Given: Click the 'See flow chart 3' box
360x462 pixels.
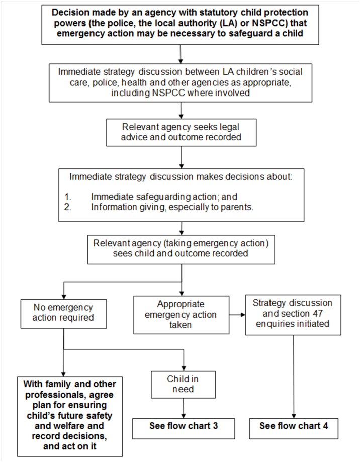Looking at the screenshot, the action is click(184, 428).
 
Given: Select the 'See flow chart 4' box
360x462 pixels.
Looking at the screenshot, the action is click(294, 428).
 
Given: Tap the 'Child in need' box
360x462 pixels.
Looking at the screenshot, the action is click(183, 384).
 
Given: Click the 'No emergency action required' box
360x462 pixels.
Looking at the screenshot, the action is click(63, 314).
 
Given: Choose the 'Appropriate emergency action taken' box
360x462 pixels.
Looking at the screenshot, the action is click(181, 315).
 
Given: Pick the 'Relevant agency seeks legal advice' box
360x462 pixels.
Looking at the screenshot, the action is click(181, 132).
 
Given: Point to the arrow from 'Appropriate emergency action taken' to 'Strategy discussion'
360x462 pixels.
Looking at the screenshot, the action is click(237, 315).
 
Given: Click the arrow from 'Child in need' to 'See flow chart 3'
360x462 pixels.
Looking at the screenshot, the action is click(183, 408).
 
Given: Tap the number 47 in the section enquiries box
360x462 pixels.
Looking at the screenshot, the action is click(316, 313).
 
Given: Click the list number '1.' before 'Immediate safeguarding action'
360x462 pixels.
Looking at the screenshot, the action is click(68, 197).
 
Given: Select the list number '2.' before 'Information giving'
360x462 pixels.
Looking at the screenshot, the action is click(68, 207).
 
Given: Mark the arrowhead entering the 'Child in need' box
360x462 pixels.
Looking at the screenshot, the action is click(184, 368).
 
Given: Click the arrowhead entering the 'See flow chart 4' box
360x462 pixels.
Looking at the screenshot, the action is click(294, 416).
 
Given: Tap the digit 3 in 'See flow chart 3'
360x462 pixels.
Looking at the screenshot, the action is click(215, 426).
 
